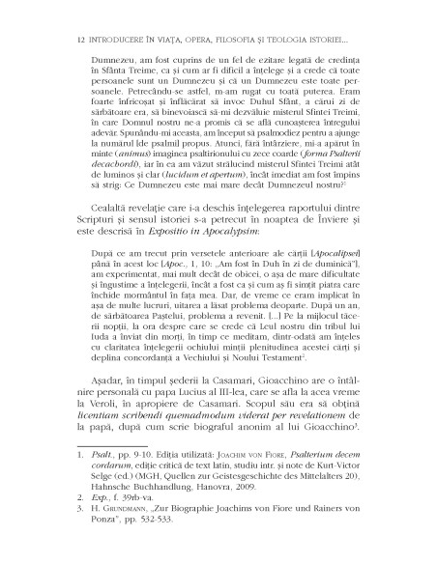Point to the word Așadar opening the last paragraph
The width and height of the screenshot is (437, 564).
(85, 436)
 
